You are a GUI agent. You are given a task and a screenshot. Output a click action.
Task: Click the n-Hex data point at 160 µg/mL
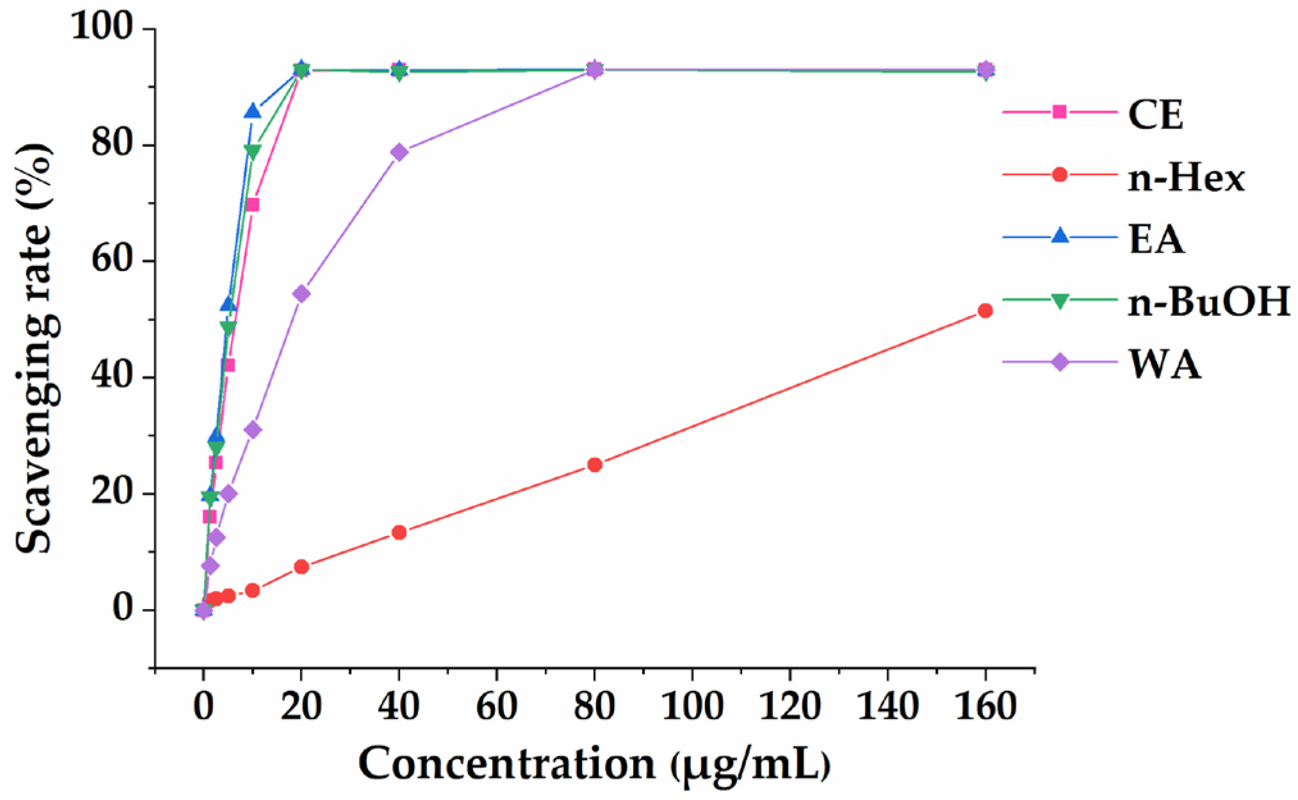(985, 311)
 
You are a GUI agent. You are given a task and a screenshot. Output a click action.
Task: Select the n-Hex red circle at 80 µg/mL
(594, 465)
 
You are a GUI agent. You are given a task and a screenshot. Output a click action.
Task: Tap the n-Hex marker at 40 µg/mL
(399, 532)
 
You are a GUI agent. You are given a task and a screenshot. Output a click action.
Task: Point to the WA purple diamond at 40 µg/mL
(399, 152)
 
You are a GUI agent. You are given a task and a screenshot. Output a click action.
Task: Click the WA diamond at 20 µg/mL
(301, 294)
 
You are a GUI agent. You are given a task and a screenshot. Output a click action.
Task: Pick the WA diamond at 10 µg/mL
(253, 429)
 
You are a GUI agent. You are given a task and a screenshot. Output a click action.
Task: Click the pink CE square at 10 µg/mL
(253, 205)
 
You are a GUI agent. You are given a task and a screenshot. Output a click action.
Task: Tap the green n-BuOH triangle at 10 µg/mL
(253, 152)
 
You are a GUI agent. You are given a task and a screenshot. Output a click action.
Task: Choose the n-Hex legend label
(1186, 178)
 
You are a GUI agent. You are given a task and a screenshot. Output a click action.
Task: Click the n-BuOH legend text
(1209, 301)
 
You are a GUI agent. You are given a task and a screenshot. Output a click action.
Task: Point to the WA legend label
(1164, 364)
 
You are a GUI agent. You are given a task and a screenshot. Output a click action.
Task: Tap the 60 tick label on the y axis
(112, 261)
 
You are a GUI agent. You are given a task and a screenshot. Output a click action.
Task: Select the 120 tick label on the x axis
(790, 706)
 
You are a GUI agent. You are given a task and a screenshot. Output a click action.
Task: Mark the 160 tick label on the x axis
(985, 706)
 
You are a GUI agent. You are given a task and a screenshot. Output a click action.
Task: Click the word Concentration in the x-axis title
(506, 764)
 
